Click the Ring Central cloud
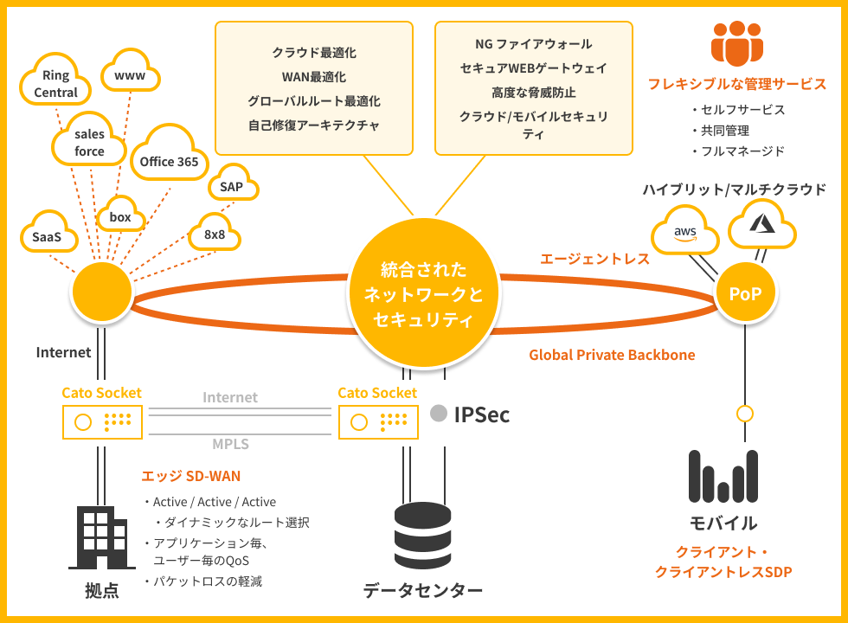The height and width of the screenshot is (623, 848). point(55,82)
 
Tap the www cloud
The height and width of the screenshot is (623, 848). point(130,76)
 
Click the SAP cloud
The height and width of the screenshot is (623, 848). point(231,185)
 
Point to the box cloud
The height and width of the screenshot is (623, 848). point(120,217)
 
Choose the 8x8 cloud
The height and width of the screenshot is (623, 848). point(215,234)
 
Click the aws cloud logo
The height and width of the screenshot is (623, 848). point(685,232)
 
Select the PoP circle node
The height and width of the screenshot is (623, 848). point(745,294)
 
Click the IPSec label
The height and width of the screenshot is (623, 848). point(482,415)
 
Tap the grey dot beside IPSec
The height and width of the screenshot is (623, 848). point(439,414)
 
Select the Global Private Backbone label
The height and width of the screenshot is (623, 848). point(612,355)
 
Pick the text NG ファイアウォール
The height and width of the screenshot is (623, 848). point(534,44)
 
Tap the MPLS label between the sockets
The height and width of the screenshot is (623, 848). point(231,445)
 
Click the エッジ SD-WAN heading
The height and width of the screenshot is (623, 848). point(190,476)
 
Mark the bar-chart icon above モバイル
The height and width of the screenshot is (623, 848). point(723,478)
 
